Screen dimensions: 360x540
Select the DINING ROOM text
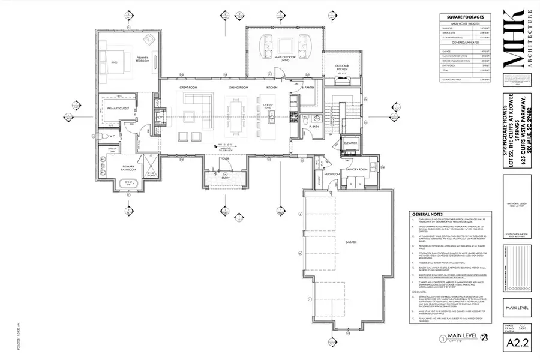(238, 88)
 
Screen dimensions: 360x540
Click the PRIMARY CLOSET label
(118, 109)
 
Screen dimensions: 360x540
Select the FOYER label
(224, 159)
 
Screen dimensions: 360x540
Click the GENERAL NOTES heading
(427, 214)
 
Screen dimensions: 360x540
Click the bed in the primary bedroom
(116, 58)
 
